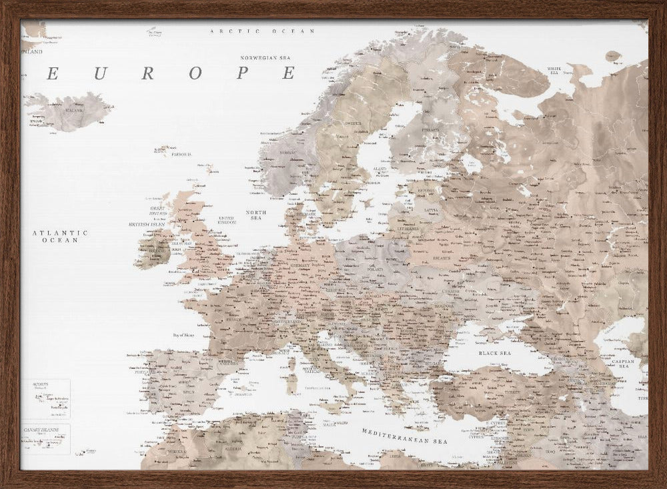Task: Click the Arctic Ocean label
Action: pyautogui.click(x=261, y=31)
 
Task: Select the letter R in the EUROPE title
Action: pyautogui.click(x=147, y=73)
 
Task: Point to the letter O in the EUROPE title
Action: pyautogui.click(x=195, y=73)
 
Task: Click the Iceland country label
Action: pyautogui.click(x=74, y=110)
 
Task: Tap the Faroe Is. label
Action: pyautogui.click(x=181, y=154)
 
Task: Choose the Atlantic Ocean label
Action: pyautogui.click(x=60, y=236)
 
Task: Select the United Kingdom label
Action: pyautogui.click(x=227, y=219)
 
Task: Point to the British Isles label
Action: pyautogui.click(x=147, y=225)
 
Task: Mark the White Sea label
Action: pyautogui.click(x=554, y=70)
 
